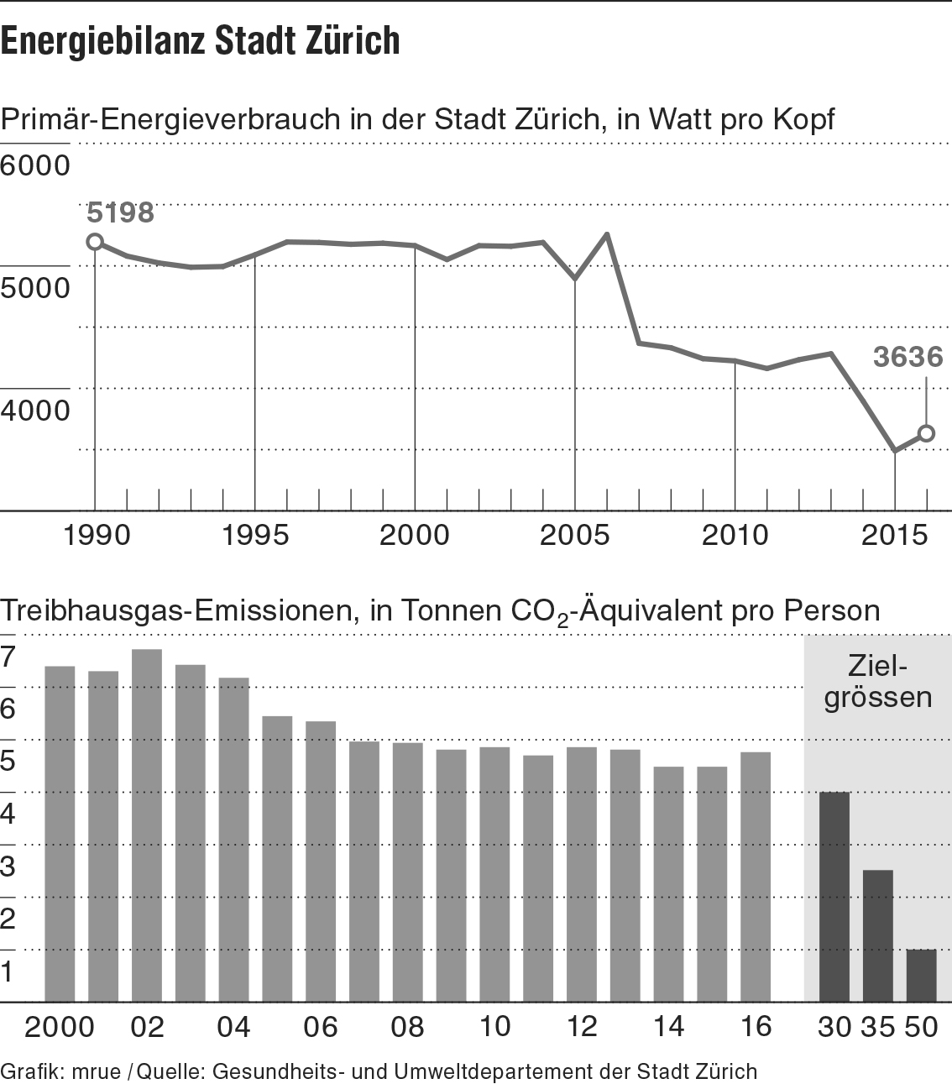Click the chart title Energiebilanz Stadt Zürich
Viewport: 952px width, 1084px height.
[x=201, y=40]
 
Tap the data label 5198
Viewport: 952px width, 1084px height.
[x=121, y=213]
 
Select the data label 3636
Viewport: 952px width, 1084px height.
[x=908, y=357]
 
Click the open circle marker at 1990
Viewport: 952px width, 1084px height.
[x=95, y=242]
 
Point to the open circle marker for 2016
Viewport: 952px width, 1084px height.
[x=927, y=433]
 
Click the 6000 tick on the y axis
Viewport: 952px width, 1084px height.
[x=35, y=165]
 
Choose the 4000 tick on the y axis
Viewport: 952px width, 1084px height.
[x=35, y=411]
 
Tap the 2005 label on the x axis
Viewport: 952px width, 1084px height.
[x=575, y=535]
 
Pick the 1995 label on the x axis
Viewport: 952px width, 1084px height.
[x=254, y=535]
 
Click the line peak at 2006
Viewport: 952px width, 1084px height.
[x=607, y=234]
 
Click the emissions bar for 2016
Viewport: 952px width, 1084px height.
[x=756, y=877]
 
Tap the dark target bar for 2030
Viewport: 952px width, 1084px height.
[x=834, y=897]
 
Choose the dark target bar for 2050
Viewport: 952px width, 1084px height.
[x=921, y=975]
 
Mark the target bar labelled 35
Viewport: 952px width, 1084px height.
[x=877, y=935]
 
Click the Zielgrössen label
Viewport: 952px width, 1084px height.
[x=878, y=683]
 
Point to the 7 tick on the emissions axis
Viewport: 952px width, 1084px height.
[x=8, y=657]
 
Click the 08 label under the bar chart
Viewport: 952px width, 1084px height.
[x=408, y=1027]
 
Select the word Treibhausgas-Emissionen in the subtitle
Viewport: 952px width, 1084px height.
[x=175, y=610]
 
